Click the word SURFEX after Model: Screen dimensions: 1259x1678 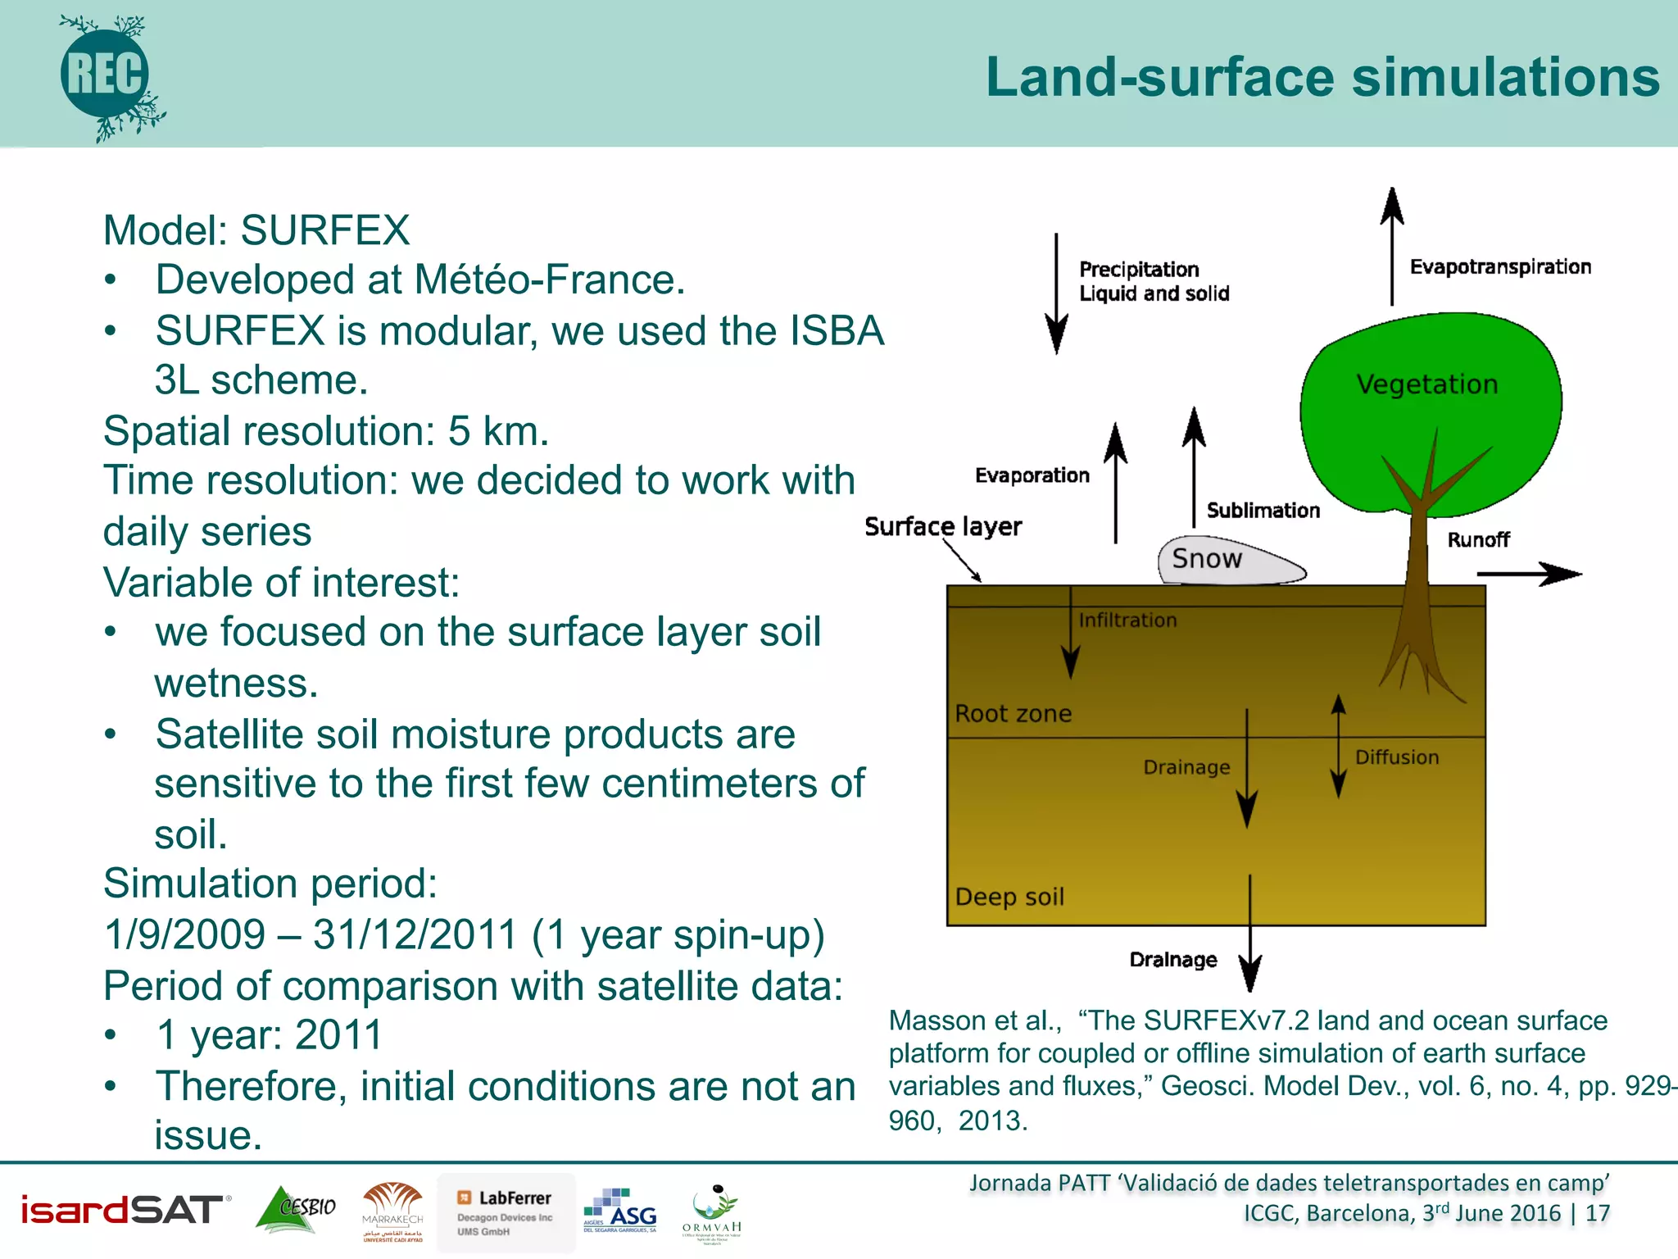coord(324,230)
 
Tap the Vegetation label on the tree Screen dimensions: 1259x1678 coord(1426,384)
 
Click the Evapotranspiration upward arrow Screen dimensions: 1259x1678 coord(1391,246)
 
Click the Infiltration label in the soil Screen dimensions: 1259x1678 coord(1127,620)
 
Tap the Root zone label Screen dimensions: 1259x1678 coord(1013,713)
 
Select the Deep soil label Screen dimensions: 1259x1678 coord(1009,897)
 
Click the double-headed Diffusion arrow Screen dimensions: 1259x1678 coord(1338,746)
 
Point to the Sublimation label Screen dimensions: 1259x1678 coord(1263,511)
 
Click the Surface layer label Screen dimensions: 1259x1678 coord(943,526)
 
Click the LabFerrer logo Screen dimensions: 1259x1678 coord(506,1212)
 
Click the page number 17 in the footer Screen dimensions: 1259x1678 coord(1597,1213)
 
